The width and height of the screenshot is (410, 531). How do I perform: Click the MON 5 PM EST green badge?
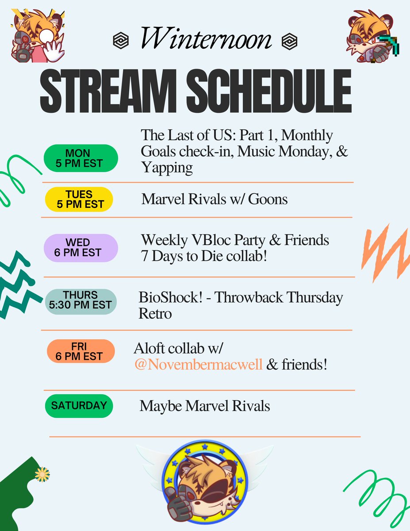80,158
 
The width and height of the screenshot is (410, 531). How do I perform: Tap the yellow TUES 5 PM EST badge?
79,199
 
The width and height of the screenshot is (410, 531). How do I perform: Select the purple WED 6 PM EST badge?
80,248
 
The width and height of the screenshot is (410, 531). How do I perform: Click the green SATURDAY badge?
79,405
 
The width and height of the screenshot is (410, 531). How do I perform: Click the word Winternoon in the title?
206,39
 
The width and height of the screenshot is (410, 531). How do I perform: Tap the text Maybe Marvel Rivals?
205,406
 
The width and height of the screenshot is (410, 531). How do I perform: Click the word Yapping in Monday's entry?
167,168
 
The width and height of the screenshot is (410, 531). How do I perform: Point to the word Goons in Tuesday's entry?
268,199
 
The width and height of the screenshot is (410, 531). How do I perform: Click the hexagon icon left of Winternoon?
120,41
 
